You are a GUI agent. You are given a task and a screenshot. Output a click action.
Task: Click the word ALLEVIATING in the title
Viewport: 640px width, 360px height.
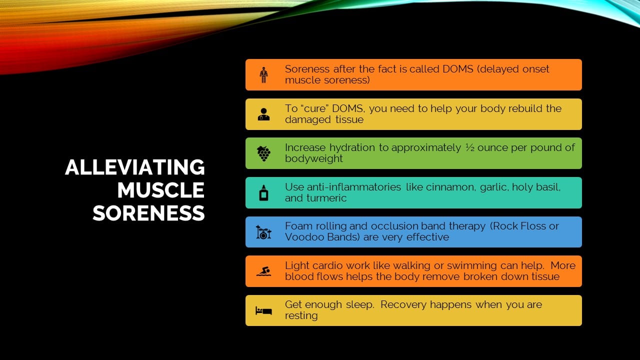click(135, 167)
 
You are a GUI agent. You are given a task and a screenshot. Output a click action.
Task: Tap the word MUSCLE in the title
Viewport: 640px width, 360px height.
click(161, 190)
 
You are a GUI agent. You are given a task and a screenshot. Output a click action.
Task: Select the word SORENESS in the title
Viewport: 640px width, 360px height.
click(148, 213)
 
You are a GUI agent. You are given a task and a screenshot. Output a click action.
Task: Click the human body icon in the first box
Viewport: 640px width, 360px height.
click(263, 75)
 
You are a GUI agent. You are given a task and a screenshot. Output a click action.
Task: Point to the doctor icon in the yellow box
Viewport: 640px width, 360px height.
click(263, 114)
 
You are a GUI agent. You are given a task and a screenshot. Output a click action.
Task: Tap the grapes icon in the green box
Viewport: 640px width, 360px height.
click(263, 153)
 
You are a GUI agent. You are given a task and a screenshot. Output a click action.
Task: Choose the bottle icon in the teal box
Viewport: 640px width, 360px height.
click(263, 192)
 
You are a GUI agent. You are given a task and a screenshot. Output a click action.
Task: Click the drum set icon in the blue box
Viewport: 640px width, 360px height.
click(263, 232)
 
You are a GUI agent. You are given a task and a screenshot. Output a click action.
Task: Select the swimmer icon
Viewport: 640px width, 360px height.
click(263, 271)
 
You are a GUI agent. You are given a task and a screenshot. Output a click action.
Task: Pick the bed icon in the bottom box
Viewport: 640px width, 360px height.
click(263, 310)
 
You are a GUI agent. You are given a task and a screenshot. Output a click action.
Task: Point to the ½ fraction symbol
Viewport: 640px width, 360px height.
click(469, 147)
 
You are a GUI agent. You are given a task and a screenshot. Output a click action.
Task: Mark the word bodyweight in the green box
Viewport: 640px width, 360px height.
click(313, 158)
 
